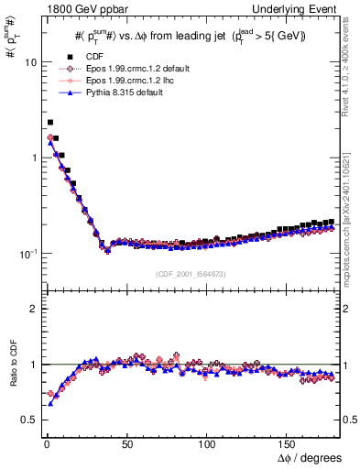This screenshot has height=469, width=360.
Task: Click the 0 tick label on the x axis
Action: (x=44, y=442)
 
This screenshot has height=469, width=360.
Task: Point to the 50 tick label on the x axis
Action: (x=126, y=442)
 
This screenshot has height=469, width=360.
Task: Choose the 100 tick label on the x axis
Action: (x=209, y=442)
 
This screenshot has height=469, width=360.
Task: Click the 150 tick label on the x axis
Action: (x=289, y=442)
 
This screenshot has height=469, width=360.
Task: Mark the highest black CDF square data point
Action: (x=50, y=122)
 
